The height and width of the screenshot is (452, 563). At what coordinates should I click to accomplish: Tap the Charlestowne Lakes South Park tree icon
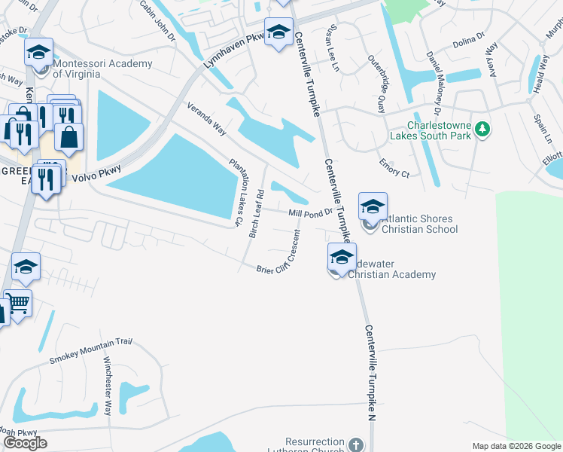click(x=482, y=131)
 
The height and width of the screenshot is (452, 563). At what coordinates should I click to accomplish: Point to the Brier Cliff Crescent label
click(x=285, y=258)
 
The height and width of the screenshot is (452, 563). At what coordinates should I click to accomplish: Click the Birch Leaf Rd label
click(x=256, y=213)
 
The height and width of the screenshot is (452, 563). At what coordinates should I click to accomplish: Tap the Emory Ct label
click(x=394, y=168)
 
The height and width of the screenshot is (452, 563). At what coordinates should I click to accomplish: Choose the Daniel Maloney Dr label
click(x=434, y=76)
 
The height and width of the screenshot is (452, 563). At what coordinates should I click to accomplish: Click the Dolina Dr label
click(x=467, y=45)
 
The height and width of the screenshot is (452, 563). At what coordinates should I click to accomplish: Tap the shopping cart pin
click(x=18, y=303)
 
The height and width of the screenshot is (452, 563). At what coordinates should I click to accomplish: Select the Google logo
click(x=25, y=443)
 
